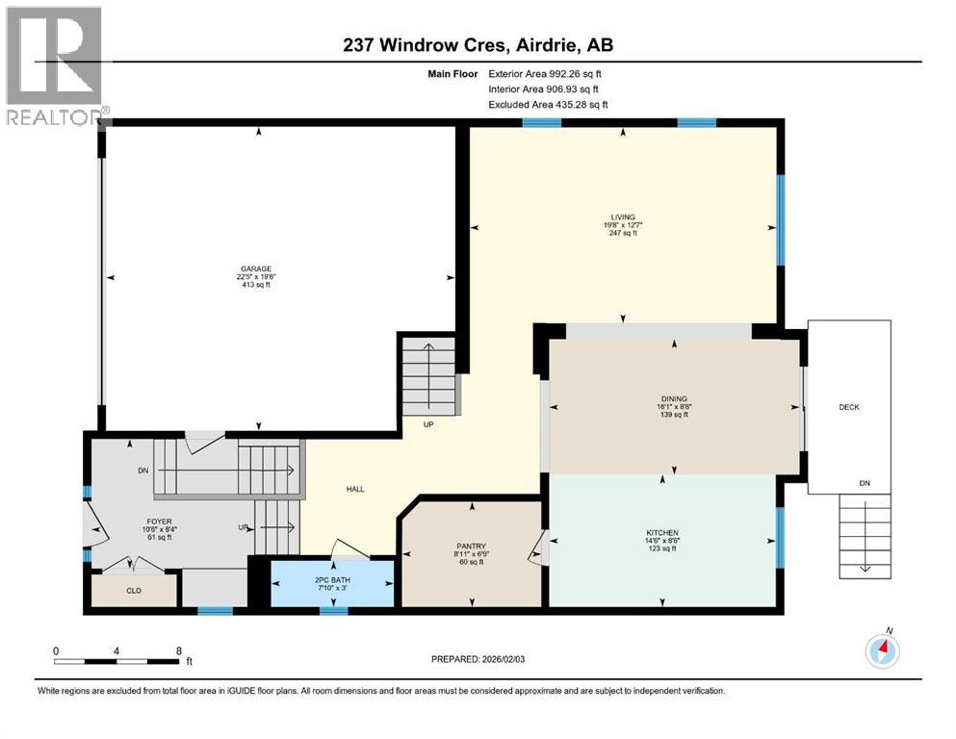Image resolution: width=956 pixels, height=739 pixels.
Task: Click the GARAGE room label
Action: pos(255,269)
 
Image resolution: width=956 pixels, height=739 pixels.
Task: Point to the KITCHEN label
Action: pos(662,533)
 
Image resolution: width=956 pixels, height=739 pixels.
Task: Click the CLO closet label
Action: pos(134,590)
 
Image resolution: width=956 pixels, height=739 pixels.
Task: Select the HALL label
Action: pos(355,489)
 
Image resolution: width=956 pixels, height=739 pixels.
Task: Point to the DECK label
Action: pos(848,407)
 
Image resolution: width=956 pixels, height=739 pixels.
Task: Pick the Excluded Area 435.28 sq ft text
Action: pos(548,104)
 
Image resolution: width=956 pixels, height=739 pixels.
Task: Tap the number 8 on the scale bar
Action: pos(179,650)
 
